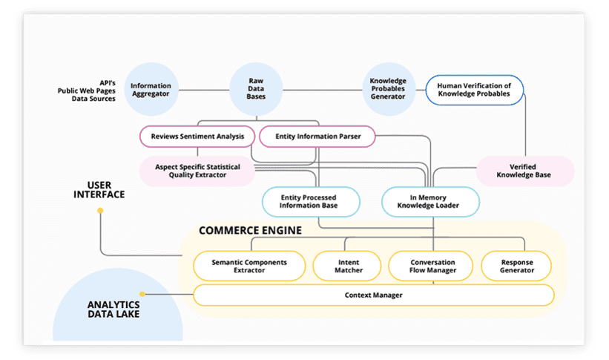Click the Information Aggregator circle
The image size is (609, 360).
(x=151, y=90)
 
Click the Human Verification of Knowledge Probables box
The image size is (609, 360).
(x=474, y=90)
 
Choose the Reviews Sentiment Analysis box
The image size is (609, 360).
(x=197, y=137)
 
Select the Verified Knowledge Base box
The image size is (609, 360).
(x=524, y=171)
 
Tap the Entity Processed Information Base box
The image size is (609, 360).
(x=310, y=201)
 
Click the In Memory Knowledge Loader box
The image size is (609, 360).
(x=430, y=201)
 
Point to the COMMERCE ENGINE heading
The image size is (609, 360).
(x=250, y=231)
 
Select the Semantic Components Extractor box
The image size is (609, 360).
(x=248, y=266)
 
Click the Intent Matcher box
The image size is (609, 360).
(x=349, y=266)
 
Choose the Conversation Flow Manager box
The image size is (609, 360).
(x=432, y=266)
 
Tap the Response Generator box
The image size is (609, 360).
(x=517, y=266)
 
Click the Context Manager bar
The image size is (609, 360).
(x=373, y=295)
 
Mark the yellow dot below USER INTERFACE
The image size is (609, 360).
(x=100, y=211)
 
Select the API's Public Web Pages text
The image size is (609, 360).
(x=87, y=90)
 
